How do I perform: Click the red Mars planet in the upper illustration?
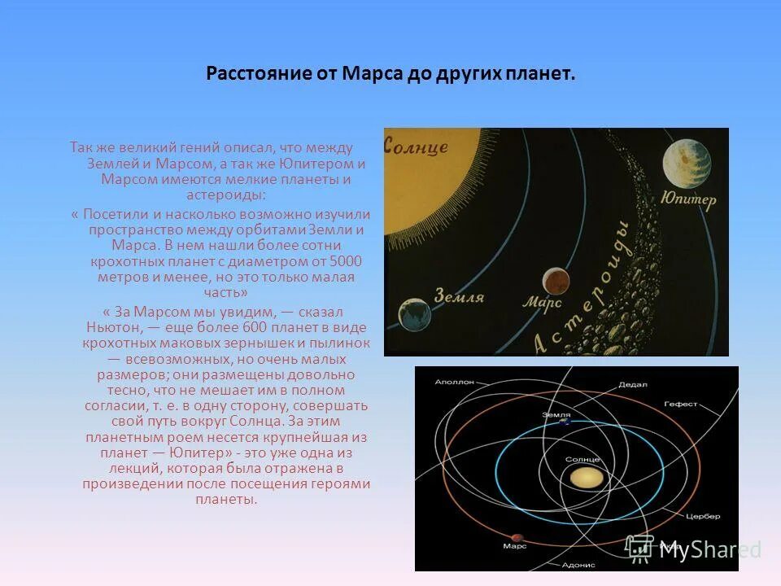556,281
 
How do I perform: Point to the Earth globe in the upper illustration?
414,314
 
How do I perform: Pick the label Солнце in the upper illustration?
416,146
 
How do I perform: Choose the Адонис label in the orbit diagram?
579,564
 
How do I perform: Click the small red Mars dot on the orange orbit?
515,536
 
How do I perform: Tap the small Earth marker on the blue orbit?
563,422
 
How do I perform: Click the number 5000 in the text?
346,261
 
